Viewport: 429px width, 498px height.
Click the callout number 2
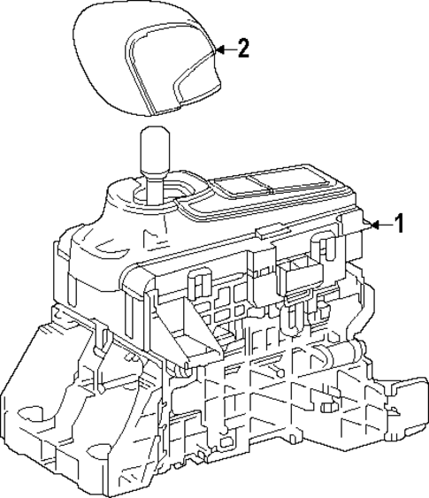(x=241, y=49)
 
